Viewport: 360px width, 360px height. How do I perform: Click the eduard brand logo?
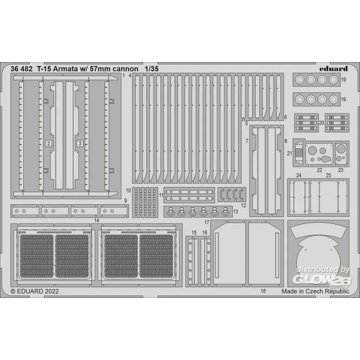(x=333, y=69)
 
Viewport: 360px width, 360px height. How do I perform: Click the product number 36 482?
(x=21, y=69)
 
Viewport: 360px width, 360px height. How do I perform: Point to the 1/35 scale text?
(x=152, y=69)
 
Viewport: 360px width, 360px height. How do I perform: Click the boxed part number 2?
(x=49, y=144)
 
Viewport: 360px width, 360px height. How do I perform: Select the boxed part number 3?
(x=80, y=144)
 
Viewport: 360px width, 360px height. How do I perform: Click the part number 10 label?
(x=128, y=190)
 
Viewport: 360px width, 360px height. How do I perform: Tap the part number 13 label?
(x=235, y=211)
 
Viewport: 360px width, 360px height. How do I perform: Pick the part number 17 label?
(x=207, y=222)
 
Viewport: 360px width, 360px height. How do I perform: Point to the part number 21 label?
(x=289, y=153)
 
